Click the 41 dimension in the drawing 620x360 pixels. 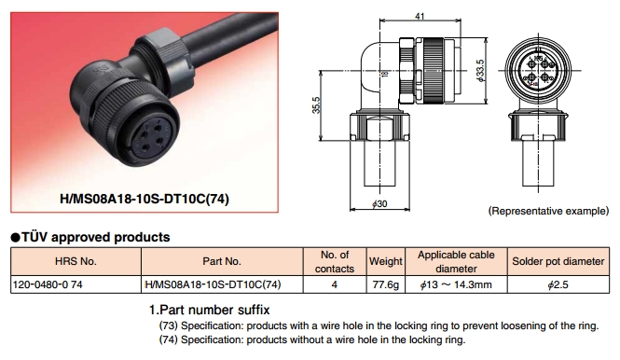420,16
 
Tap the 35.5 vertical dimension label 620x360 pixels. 316,104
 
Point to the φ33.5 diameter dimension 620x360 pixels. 480,71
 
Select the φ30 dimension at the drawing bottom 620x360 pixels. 379,203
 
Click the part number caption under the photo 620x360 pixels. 145,199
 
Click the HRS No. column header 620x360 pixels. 76,261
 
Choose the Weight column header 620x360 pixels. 386,261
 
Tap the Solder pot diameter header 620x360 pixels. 558,261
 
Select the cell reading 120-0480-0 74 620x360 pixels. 48,284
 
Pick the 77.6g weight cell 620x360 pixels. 386,284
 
